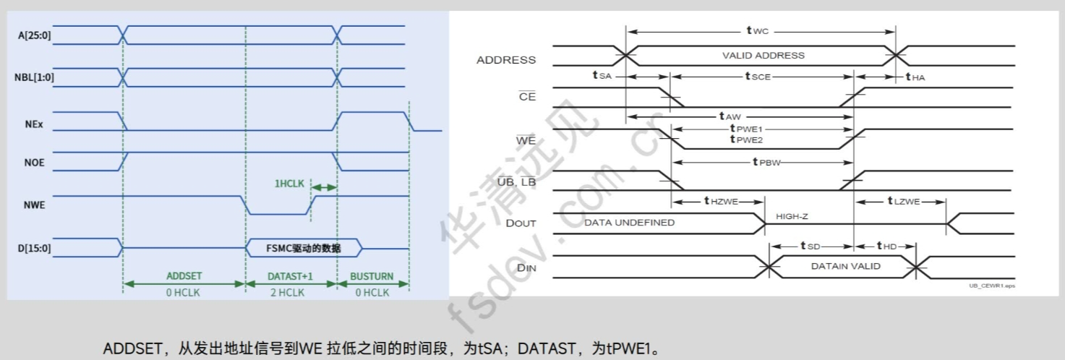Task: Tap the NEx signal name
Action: [33, 124]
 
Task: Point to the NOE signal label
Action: [34, 162]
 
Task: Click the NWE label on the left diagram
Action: [34, 205]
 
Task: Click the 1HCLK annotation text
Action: [288, 184]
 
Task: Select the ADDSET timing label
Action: [184, 276]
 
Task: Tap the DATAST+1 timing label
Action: [291, 276]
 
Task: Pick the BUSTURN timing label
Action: [372, 276]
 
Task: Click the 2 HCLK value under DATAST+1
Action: [290, 293]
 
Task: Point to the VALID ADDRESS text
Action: [763, 55]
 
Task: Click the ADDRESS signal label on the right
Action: [506, 60]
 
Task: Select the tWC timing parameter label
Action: [758, 30]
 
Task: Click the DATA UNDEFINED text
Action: [629, 223]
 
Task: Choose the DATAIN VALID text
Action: [845, 266]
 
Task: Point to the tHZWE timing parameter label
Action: [721, 201]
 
